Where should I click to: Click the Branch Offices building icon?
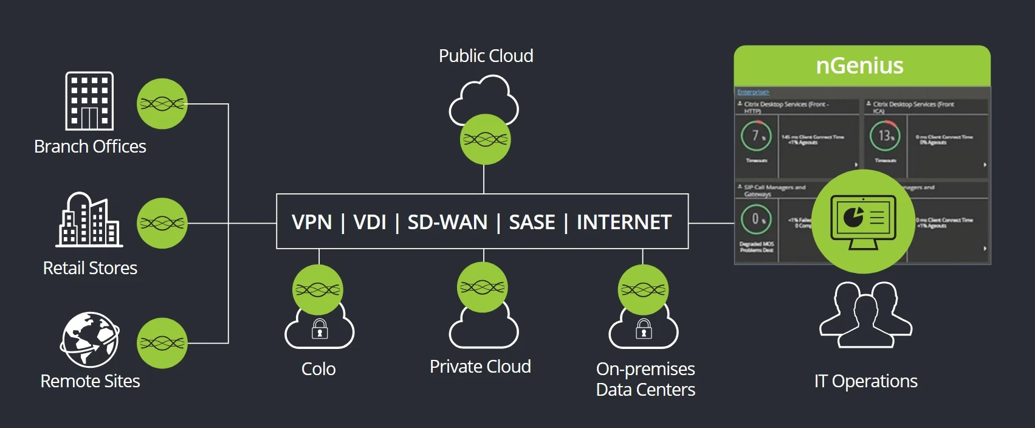click(x=89, y=101)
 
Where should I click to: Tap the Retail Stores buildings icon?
click(x=89, y=220)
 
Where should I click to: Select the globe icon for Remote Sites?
click(x=89, y=340)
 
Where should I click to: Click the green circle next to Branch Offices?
click(x=162, y=104)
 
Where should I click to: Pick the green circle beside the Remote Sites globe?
click(x=162, y=343)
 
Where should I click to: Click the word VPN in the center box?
click(x=312, y=223)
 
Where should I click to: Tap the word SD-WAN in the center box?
click(x=447, y=223)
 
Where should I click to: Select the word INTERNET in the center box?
click(x=624, y=223)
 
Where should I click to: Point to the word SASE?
click(x=532, y=223)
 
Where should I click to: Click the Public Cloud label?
click(x=486, y=56)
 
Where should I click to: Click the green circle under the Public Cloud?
click(x=484, y=140)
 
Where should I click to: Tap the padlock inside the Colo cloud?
click(x=320, y=329)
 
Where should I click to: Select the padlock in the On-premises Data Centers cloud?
click(x=644, y=329)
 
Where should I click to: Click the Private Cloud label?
click(x=480, y=367)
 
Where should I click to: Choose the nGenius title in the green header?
click(x=859, y=66)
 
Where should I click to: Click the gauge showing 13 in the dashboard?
click(x=885, y=136)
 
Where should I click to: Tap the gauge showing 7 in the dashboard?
click(x=756, y=136)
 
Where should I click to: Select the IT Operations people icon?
click(x=865, y=314)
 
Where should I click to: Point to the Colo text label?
click(x=318, y=369)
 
